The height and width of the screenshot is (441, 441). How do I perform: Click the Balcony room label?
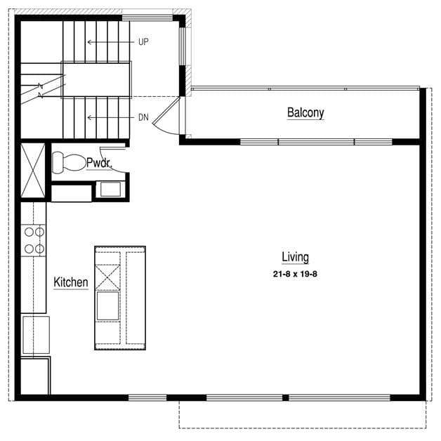coord(305,113)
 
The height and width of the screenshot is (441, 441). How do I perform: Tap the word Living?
coord(296,257)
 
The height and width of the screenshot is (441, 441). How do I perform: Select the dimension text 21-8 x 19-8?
coord(295,274)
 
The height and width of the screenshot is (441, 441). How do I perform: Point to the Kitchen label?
coord(71,282)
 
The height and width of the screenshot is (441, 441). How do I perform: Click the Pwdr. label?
coord(99,163)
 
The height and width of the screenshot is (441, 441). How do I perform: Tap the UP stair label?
coord(143,42)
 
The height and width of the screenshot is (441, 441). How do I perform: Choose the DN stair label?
coord(143,117)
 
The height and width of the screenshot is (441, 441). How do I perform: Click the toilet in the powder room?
coord(69,162)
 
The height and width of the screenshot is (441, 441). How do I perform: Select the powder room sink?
coord(110,189)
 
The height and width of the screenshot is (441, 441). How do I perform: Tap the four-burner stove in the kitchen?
coord(33,240)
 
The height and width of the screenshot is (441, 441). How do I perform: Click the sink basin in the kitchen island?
coord(107,306)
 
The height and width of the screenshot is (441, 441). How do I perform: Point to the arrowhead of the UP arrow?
coord(89,42)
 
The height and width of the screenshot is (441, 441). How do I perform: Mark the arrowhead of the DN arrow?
coord(89,117)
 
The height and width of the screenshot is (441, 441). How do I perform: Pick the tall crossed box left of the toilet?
coord(33,170)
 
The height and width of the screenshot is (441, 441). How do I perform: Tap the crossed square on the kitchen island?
coord(107,277)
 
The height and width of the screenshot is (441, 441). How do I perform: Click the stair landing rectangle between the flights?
coord(96,80)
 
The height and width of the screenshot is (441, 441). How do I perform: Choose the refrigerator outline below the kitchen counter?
coord(36,335)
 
